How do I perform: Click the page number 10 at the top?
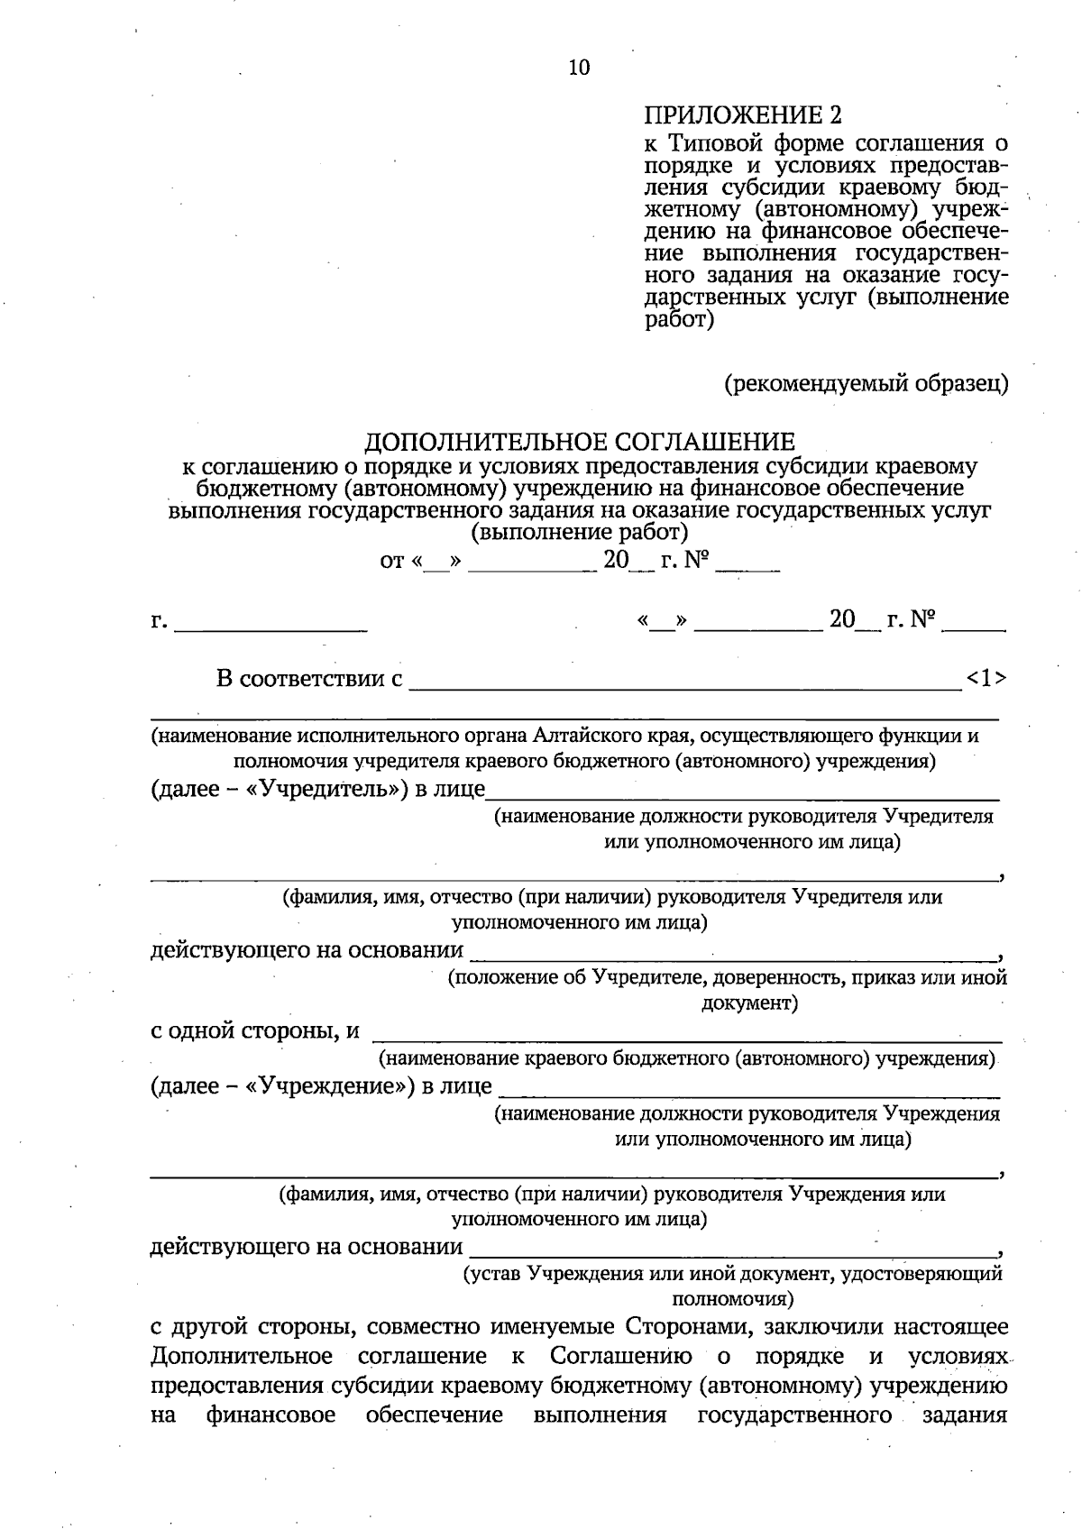click(x=579, y=68)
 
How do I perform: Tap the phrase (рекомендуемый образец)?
click(x=867, y=385)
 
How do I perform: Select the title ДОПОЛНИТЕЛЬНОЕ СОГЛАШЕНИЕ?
click(x=580, y=442)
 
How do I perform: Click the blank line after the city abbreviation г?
click(x=270, y=624)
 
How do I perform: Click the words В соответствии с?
click(x=309, y=679)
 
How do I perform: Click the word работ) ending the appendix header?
click(x=680, y=320)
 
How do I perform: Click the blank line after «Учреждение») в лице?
click(x=748, y=1088)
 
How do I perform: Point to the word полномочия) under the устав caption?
click(x=733, y=1299)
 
